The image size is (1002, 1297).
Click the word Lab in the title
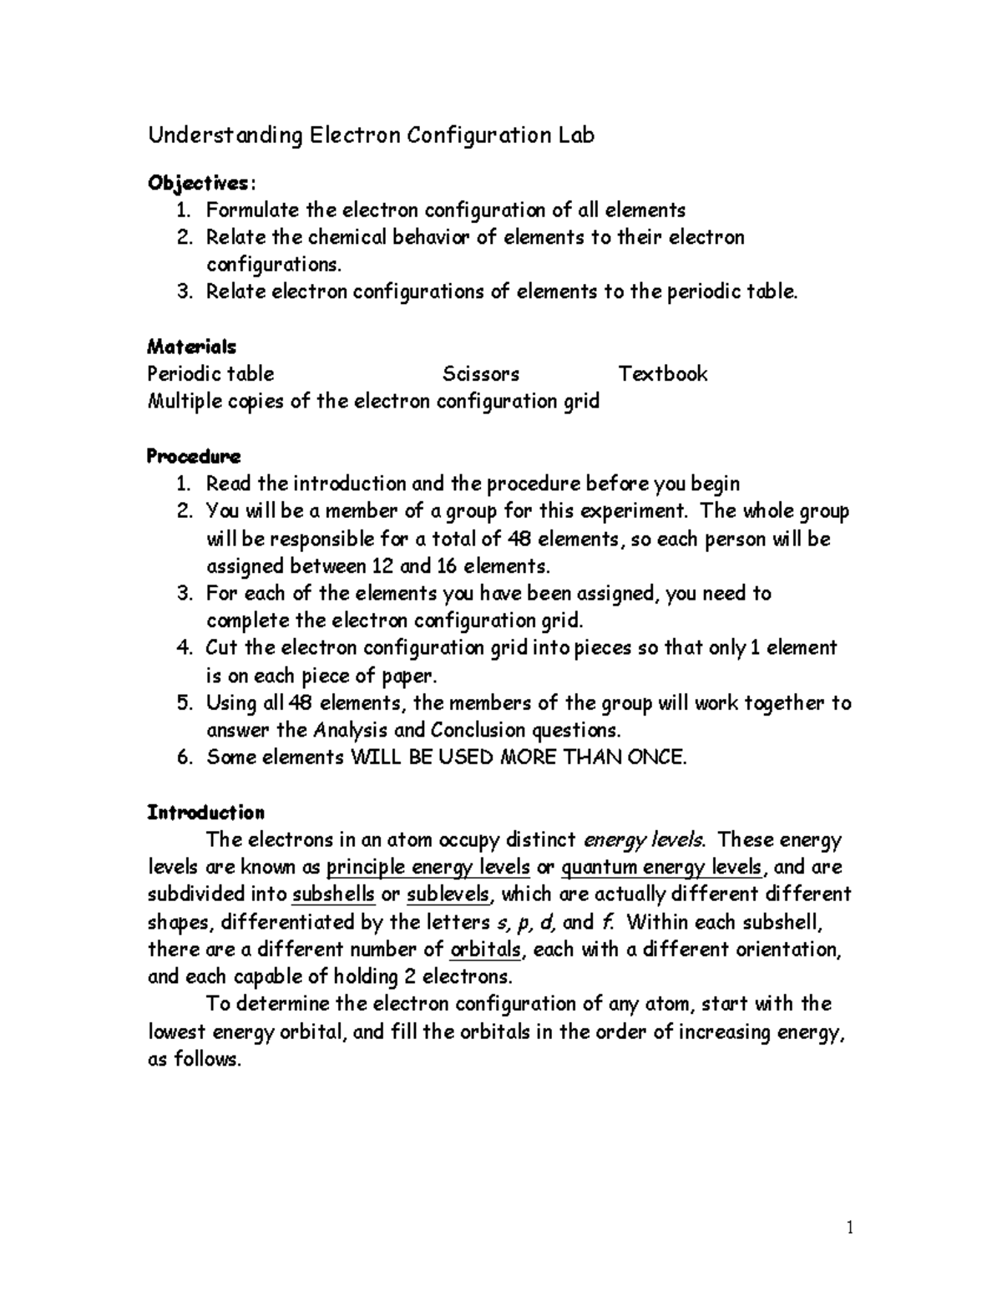(x=571, y=135)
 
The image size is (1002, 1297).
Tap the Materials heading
(x=191, y=346)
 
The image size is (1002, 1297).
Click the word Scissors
(x=481, y=373)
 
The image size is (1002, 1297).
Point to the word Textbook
(x=663, y=373)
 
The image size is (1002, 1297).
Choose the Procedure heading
(x=194, y=456)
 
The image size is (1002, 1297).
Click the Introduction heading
(x=205, y=812)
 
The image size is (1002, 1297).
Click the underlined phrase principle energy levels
(x=428, y=867)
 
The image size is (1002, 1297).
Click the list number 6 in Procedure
(x=185, y=757)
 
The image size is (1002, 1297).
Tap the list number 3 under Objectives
(x=185, y=291)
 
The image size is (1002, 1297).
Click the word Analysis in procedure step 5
(x=351, y=730)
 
